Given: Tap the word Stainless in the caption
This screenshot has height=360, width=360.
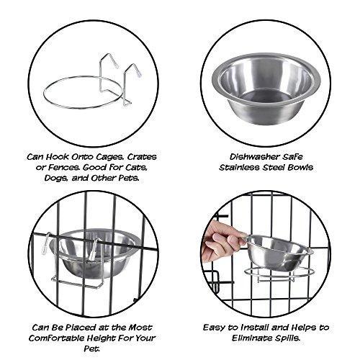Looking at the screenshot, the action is pos(240,168).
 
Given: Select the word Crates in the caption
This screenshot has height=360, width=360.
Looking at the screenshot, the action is pos(142,157).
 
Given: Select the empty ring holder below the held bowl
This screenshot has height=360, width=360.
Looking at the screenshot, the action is pos(279,274).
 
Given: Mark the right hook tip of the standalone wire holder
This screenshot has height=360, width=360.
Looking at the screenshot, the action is pos(139,74).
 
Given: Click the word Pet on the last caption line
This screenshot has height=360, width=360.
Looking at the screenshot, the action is pos(91,348).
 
